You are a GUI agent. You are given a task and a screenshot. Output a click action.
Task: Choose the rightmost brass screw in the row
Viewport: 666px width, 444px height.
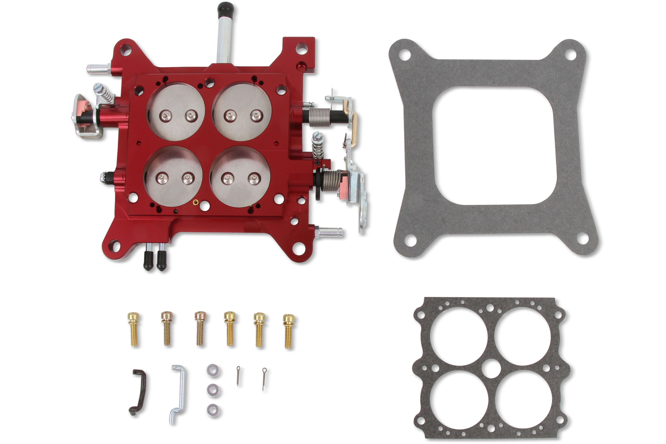(289, 331)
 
